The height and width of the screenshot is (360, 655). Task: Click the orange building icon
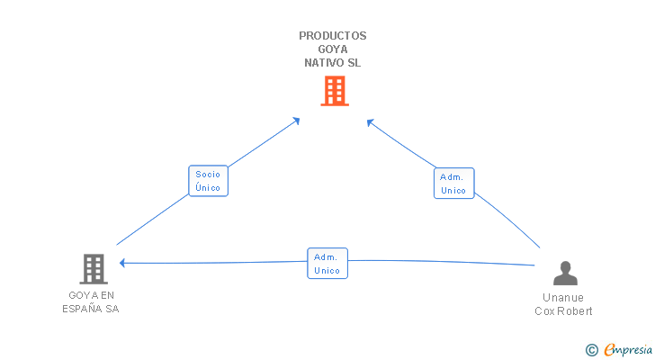[x=335, y=91]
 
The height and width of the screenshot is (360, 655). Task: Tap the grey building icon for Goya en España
[x=94, y=269]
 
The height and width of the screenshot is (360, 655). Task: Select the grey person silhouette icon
[x=565, y=273]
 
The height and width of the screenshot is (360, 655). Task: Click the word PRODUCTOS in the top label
[x=333, y=36]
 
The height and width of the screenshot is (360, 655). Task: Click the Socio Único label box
[x=208, y=181]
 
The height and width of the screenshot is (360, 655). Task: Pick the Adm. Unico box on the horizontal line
[x=327, y=264]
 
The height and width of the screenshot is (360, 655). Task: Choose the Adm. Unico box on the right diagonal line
[x=453, y=184]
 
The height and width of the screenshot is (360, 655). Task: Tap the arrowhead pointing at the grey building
[x=122, y=263]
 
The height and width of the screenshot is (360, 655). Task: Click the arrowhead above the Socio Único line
[x=297, y=121]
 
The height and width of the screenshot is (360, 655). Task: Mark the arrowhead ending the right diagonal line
[x=370, y=122]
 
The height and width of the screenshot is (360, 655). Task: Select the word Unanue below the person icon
[x=562, y=298]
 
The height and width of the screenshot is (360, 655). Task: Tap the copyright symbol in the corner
[x=591, y=350]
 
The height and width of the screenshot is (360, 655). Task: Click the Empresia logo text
[x=628, y=349]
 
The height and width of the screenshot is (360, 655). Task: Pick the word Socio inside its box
[x=208, y=175]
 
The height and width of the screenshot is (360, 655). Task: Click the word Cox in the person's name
[x=543, y=311]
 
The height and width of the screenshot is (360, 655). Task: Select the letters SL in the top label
[x=354, y=63]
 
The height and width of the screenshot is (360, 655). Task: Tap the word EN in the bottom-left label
[x=107, y=296]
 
